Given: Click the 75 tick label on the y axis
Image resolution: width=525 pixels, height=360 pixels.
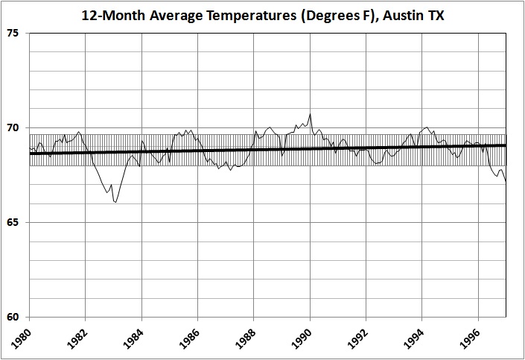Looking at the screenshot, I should click(15, 34).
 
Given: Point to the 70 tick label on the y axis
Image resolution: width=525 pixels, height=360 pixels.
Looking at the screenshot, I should click(15, 128).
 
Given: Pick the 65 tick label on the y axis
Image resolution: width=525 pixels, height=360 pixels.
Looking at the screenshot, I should click(15, 222).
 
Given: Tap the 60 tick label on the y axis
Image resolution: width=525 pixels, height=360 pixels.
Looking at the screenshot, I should click(15, 317).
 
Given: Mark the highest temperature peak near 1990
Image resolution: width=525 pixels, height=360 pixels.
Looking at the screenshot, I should click(310, 114).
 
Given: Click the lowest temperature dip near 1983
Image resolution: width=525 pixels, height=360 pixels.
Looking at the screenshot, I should click(115, 202).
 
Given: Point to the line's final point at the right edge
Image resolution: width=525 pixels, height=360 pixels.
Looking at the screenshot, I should click(506, 182).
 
